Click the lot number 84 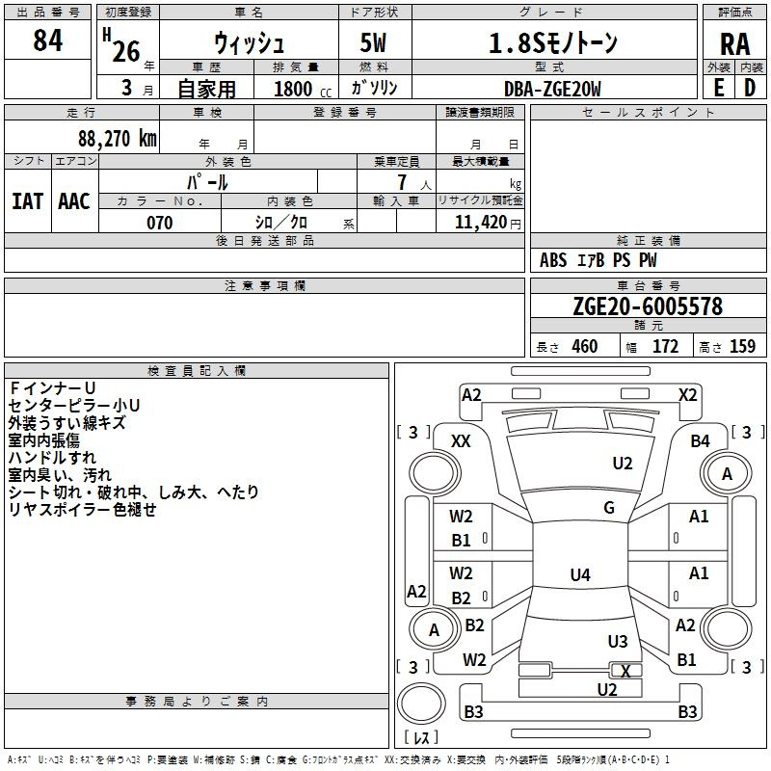click(47, 40)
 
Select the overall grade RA click(734, 44)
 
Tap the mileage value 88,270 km click(117, 139)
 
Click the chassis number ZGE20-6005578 click(648, 306)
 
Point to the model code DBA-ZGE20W click(552, 89)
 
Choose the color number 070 click(159, 223)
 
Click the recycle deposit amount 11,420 click(480, 223)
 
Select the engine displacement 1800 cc click(302, 89)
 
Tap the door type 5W click(373, 42)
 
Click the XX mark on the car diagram click(461, 441)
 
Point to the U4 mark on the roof click(580, 574)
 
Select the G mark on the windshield click(609, 508)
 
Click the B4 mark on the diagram click(700, 441)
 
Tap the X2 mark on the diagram click(687, 395)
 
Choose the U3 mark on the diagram click(618, 641)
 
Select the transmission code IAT click(27, 201)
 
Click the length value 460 click(585, 346)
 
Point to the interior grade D click(750, 88)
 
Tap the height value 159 click(742, 346)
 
